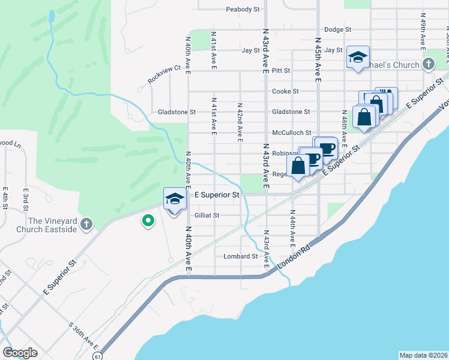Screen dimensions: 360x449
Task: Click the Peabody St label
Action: pyautogui.click(x=243, y=10)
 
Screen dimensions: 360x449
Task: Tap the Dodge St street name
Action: pyautogui.click(x=337, y=29)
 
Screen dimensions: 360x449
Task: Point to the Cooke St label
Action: pyautogui.click(x=285, y=91)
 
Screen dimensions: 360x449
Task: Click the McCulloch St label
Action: pyautogui.click(x=292, y=133)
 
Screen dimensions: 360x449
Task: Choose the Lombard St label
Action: pyautogui.click(x=241, y=256)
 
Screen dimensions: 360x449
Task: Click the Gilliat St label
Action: pyautogui.click(x=207, y=215)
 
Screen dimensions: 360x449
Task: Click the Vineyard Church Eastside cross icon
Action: pyautogui.click(x=86, y=224)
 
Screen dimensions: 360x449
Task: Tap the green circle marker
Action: pyautogui.click(x=147, y=222)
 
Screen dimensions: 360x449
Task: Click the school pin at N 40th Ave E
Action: pyautogui.click(x=174, y=199)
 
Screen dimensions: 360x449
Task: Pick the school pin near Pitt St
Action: pyautogui.click(x=358, y=58)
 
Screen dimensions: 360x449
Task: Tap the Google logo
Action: pyautogui.click(x=20, y=353)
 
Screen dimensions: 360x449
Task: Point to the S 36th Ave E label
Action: pyautogui.click(x=83, y=336)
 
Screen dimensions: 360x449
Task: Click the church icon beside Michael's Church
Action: pyautogui.click(x=429, y=64)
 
